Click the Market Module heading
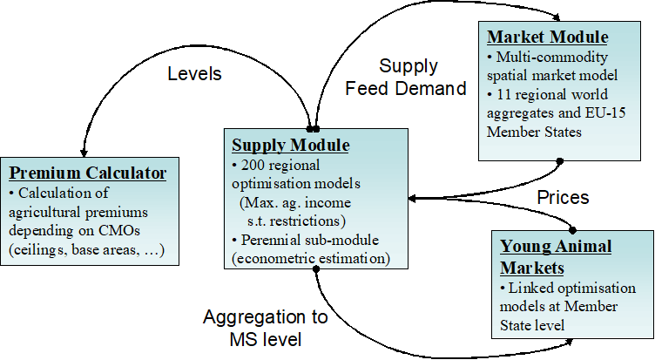tap(547, 37)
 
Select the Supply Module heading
tap(290, 144)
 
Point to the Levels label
tap(194, 74)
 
